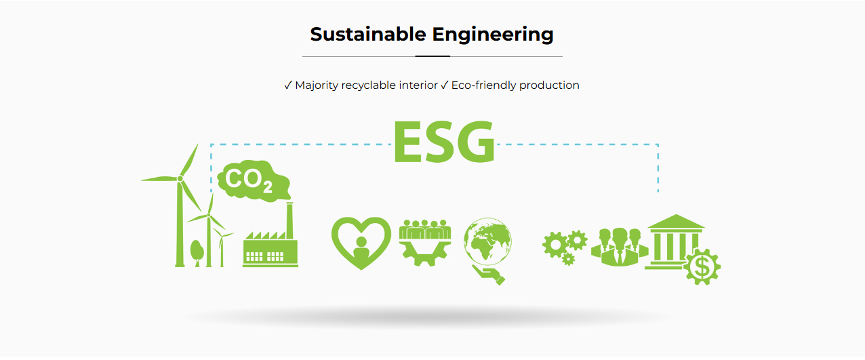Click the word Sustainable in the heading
coord(368,35)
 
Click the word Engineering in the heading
coord(493,35)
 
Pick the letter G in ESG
coord(475,142)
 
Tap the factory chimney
coord(289,220)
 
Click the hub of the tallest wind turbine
coord(180,178)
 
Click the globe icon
coord(487,241)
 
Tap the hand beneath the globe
coord(489,275)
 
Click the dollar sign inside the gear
coord(702,267)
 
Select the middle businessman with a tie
coord(620,247)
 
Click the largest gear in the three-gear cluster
coord(555,245)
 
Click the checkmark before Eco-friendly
coord(445,85)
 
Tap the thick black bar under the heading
coord(432,56)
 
